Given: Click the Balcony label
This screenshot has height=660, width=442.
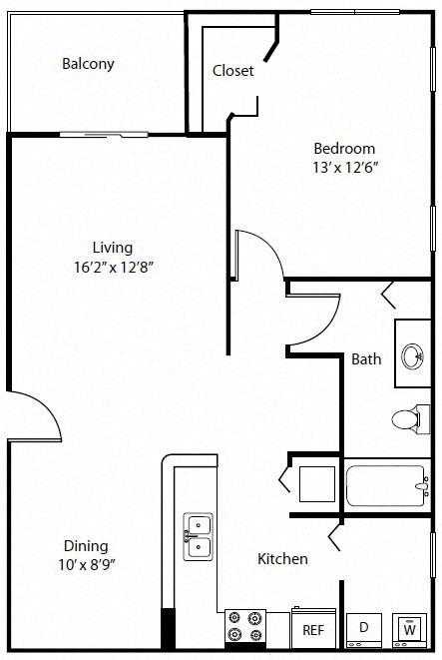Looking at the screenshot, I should [88, 64].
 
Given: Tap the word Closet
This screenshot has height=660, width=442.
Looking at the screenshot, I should [233, 71].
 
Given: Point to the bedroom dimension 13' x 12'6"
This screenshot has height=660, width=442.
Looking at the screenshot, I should [344, 168].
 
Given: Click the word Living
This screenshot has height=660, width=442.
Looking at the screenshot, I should [113, 247].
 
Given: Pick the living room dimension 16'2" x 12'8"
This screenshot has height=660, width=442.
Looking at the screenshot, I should [113, 267].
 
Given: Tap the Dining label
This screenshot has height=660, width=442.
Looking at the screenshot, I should [86, 546].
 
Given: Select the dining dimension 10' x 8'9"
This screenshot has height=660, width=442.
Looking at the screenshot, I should [86, 566].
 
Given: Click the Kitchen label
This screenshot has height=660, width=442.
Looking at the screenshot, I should [282, 559].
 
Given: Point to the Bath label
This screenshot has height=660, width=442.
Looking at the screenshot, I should [366, 358].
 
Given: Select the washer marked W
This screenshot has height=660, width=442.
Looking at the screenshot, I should [409, 629].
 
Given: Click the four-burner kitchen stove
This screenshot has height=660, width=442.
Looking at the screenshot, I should [244, 625].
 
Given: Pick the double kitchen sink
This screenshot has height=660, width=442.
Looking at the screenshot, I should [198, 535].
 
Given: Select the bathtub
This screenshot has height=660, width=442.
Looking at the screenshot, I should [386, 486].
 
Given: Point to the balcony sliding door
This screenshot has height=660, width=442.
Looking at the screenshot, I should [105, 133].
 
